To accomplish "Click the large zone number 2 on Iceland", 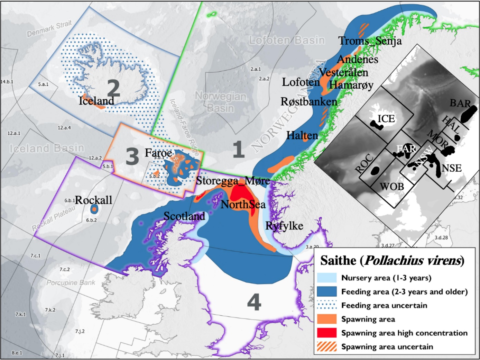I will click(x=113, y=88).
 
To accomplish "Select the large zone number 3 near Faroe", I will click(x=132, y=156).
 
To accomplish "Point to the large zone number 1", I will click(x=238, y=150).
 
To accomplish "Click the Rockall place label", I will click(x=93, y=200).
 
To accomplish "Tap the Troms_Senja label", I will click(x=370, y=41).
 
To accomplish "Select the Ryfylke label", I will click(x=284, y=226).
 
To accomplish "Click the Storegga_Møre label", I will click(x=233, y=180).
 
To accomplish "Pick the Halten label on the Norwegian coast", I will click(x=302, y=135).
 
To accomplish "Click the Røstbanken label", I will click(x=308, y=102).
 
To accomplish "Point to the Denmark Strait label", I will click(x=49, y=28).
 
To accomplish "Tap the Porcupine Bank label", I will click(x=71, y=282).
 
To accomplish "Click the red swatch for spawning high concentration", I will click(x=326, y=333).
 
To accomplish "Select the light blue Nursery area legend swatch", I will click(x=326, y=278).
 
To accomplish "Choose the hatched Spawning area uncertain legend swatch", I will click(x=326, y=346).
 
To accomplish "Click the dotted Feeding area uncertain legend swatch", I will click(x=326, y=305).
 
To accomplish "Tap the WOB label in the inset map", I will click(x=391, y=187).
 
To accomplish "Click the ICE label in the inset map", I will click(x=386, y=119).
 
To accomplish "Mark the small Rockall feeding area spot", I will click(x=94, y=209).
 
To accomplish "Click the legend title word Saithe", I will click(x=339, y=261).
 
